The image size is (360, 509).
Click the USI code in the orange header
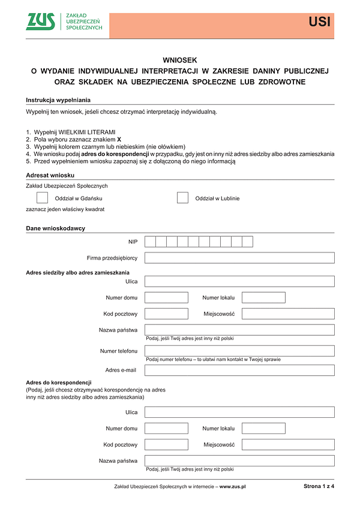(319, 23)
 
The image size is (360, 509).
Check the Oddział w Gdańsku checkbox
(43, 198)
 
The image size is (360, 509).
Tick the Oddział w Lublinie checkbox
(182, 198)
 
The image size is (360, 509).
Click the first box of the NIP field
(150, 242)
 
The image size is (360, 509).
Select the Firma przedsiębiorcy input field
(239, 258)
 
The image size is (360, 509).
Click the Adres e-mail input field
(239, 370)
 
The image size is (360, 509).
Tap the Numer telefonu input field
(239, 351)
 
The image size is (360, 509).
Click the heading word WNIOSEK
(179, 60)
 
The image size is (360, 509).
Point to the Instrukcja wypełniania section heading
(58, 100)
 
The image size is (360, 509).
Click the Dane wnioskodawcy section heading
(55, 228)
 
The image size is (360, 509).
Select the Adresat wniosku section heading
(50, 174)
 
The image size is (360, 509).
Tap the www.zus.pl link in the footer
(233, 487)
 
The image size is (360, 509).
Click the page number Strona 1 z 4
(319, 486)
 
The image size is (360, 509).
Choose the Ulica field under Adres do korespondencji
(239, 412)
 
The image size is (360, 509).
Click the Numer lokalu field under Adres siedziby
(263, 297)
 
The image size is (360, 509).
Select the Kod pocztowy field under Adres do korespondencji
(166, 445)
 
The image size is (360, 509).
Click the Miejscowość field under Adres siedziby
(288, 314)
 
